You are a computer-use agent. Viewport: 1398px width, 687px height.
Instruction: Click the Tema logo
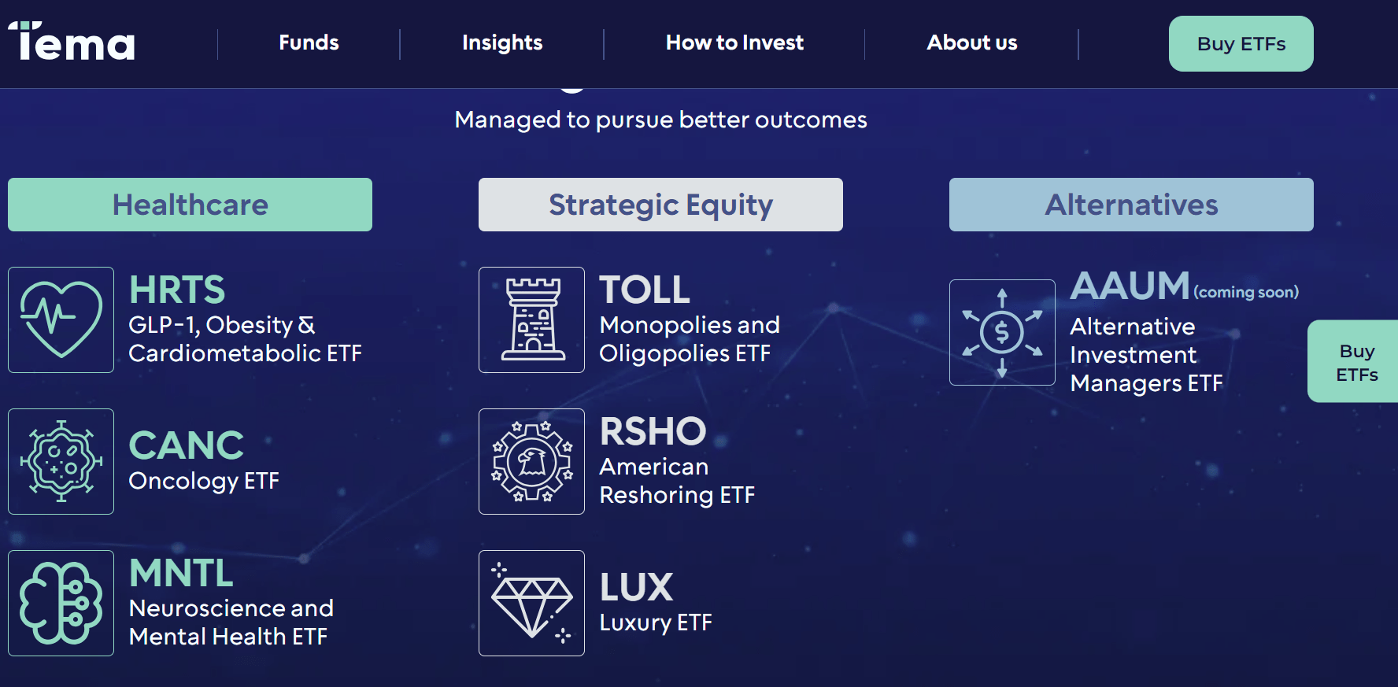[x=72, y=42]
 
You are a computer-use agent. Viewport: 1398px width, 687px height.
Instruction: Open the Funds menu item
[x=309, y=42]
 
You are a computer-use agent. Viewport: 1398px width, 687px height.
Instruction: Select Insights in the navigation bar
[x=502, y=42]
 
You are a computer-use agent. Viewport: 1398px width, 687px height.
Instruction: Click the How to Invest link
[x=734, y=42]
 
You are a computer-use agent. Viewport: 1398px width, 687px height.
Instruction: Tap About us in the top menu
[x=971, y=42]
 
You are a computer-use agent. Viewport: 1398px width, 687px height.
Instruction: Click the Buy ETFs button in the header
[x=1241, y=44]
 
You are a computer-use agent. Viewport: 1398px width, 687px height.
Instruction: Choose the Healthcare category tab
[x=190, y=205]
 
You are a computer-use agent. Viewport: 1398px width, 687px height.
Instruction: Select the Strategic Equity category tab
[x=660, y=205]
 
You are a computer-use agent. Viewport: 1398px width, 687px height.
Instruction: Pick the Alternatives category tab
[x=1131, y=205]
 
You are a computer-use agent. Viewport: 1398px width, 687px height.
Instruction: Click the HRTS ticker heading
[x=177, y=290]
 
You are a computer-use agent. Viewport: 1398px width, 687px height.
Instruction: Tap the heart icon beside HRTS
[x=61, y=319]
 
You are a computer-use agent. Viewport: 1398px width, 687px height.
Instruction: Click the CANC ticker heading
[x=187, y=445]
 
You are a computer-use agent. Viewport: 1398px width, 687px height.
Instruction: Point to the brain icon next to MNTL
[x=61, y=603]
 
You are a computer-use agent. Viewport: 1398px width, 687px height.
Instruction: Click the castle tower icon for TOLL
[x=532, y=319]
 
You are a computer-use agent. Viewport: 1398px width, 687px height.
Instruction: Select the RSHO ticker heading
[x=653, y=431]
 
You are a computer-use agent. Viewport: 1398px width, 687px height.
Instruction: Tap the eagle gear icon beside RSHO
[x=532, y=461]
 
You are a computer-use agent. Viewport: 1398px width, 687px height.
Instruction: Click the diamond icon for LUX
[x=532, y=603]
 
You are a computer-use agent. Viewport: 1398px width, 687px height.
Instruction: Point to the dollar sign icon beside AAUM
[x=1002, y=332]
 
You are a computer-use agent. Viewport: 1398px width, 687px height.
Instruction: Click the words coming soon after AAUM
[x=1246, y=292]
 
